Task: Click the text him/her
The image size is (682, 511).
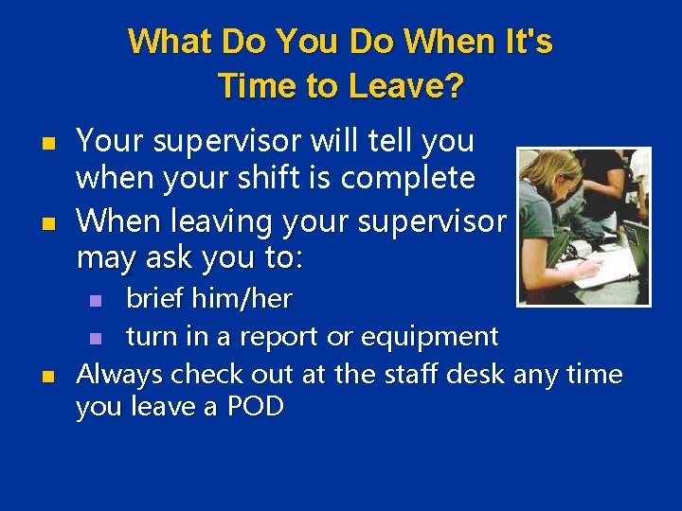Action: pyautogui.click(x=242, y=299)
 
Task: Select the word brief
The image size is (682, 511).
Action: pyautogui.click(x=155, y=299)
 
